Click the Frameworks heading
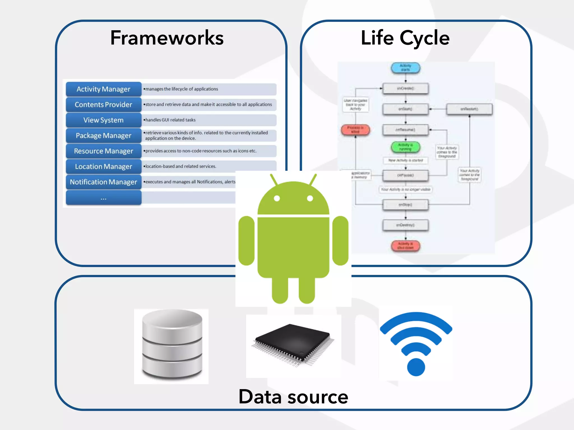point(167,38)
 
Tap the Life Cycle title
point(405,38)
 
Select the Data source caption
point(293,397)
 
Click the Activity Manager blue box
point(103,89)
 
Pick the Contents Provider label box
point(103,104)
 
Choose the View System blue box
point(103,120)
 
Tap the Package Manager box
point(103,135)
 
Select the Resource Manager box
point(103,151)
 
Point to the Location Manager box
point(103,167)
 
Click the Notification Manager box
point(103,182)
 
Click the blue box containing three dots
point(103,198)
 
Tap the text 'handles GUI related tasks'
point(170,120)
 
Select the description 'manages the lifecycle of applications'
point(182,89)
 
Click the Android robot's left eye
point(277,198)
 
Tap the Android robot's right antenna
point(313,179)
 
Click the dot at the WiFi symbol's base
point(416,367)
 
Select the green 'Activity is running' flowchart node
point(405,147)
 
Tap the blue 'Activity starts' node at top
point(405,68)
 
